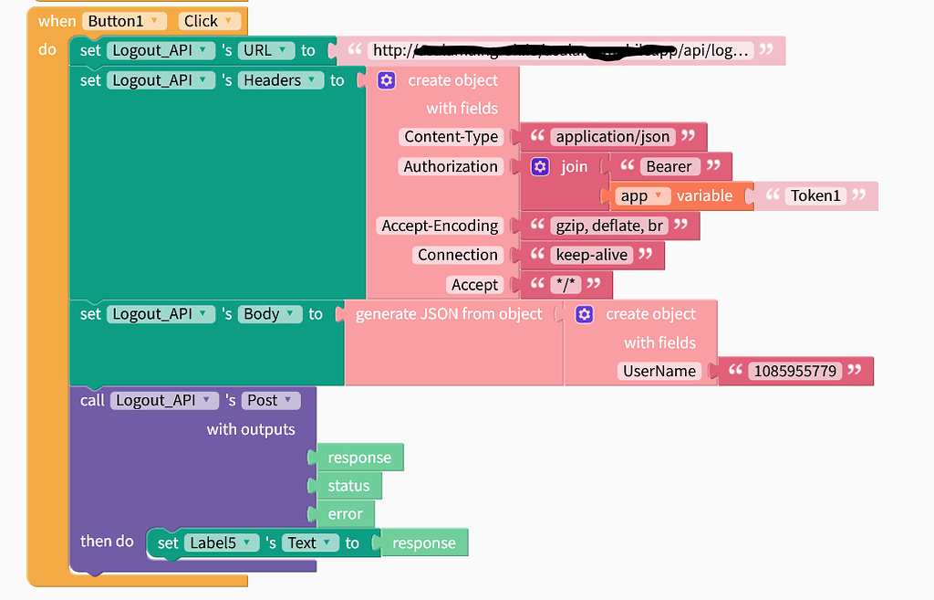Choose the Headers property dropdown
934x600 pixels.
click(x=282, y=80)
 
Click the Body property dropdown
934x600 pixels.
click(x=271, y=314)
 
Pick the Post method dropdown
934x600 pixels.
click(x=272, y=400)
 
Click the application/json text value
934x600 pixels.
click(x=613, y=137)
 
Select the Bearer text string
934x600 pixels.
click(x=670, y=166)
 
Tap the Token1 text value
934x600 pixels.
click(x=815, y=195)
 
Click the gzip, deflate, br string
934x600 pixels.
click(x=608, y=226)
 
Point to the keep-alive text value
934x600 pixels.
click(x=591, y=255)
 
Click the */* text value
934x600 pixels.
click(x=566, y=285)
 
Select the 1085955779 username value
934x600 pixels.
click(x=794, y=371)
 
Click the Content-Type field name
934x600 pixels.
click(x=451, y=137)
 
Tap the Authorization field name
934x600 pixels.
click(x=451, y=166)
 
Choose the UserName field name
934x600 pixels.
click(x=659, y=371)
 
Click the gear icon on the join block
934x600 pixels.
click(x=541, y=166)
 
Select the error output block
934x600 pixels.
click(x=345, y=514)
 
